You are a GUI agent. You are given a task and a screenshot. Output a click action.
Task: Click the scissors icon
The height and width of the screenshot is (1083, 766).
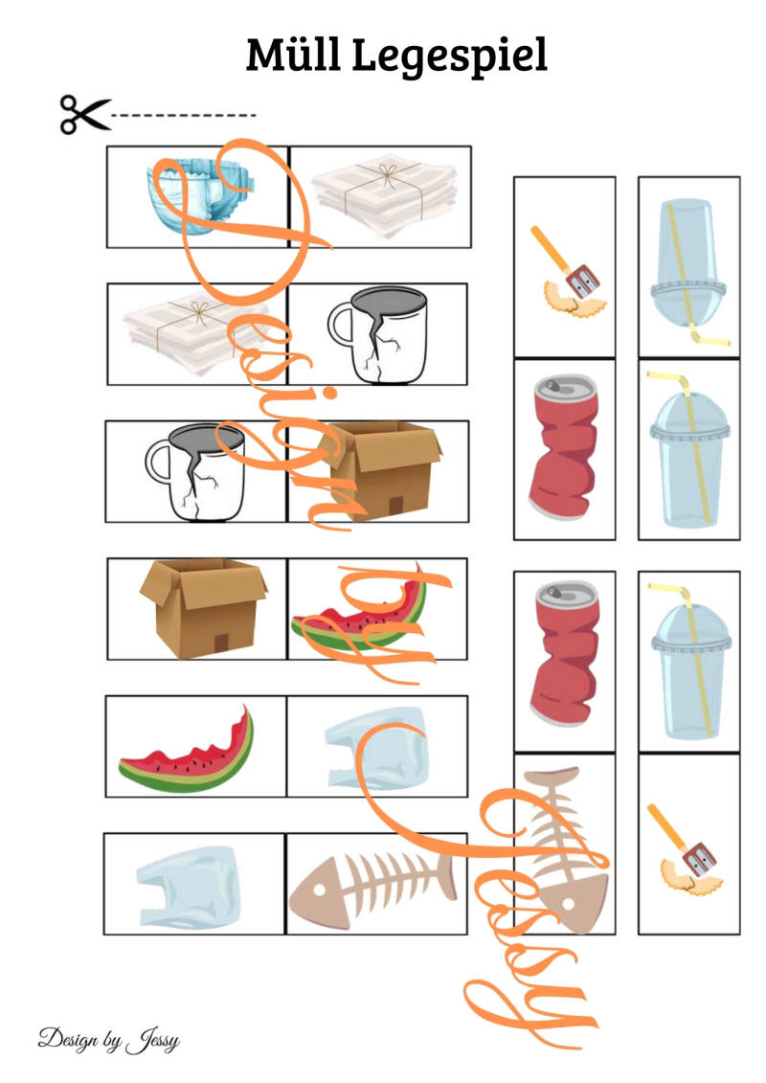pyautogui.click(x=85, y=115)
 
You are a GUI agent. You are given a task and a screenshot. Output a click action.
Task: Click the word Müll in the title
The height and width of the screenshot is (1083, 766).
pyautogui.click(x=293, y=55)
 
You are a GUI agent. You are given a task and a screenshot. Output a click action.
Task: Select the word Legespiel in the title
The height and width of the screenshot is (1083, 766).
pyautogui.click(x=450, y=56)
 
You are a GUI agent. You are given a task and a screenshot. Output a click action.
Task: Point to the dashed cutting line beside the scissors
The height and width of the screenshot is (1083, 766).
pyautogui.click(x=184, y=115)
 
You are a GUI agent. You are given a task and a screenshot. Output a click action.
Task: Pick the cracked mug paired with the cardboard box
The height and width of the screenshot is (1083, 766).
pyautogui.click(x=196, y=472)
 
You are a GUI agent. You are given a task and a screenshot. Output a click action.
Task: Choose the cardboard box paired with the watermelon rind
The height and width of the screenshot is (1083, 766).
pyautogui.click(x=203, y=608)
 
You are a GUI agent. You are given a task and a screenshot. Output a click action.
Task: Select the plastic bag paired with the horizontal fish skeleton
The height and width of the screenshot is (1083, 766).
pyautogui.click(x=189, y=886)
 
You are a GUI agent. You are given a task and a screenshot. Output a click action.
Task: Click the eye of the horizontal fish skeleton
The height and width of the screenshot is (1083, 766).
pyautogui.click(x=319, y=888)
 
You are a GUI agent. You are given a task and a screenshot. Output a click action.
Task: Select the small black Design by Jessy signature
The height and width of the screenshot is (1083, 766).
pyautogui.click(x=108, y=1040)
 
